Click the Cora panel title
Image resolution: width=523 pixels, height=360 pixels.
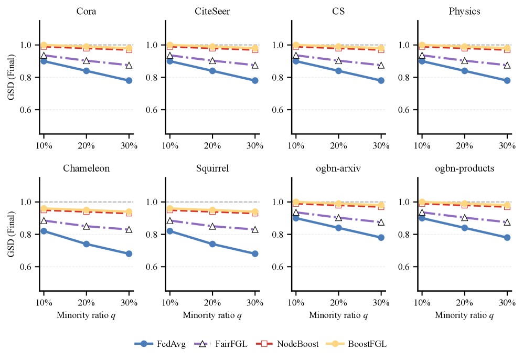(86, 11)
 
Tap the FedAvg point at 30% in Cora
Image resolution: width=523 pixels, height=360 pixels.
(129, 80)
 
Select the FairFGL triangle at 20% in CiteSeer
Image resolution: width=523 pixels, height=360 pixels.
(212, 61)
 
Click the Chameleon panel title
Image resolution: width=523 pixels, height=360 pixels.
(86, 168)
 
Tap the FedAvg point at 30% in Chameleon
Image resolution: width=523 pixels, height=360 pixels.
(129, 253)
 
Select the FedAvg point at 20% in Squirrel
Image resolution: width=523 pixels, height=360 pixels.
(212, 244)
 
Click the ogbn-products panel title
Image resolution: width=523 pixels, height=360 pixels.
(464, 168)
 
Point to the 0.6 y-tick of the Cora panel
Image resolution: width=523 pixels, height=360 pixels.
(29, 110)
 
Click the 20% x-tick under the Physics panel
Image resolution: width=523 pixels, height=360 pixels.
(464, 144)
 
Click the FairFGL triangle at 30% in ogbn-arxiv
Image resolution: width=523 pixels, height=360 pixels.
(381, 223)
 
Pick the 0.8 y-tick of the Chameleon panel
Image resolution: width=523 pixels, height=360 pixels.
(29, 234)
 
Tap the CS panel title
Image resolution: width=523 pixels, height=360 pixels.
(338, 11)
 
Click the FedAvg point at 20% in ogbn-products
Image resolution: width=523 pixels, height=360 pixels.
(464, 228)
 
